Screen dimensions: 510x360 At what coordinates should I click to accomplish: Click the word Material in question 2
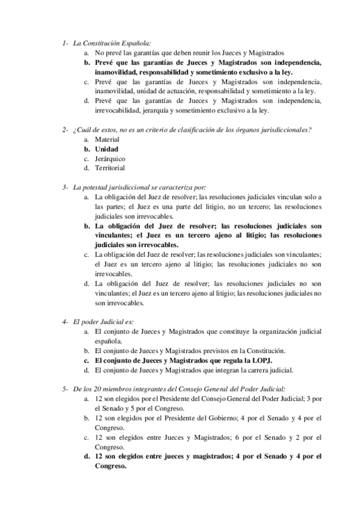point(107,140)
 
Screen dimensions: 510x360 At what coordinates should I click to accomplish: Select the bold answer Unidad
point(107,149)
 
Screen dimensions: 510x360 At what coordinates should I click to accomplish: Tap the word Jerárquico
point(110,159)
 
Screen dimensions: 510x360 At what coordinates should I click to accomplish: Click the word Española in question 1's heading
point(133,43)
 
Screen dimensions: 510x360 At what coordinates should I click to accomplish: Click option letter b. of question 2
point(87,149)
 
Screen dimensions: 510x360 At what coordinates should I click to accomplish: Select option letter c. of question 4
point(87,360)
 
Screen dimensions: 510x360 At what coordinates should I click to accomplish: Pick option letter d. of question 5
point(87,456)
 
